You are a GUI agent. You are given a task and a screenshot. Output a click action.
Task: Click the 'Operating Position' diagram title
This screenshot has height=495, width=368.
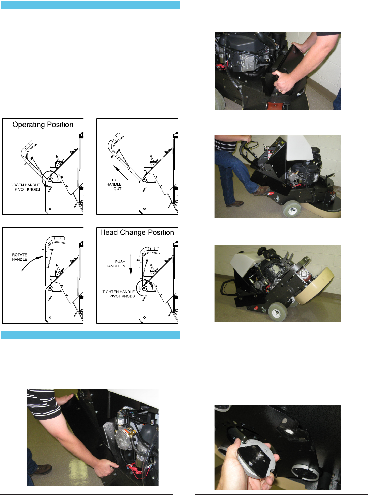[43, 125]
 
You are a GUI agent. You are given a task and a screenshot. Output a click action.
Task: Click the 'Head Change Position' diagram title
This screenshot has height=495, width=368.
[137, 232]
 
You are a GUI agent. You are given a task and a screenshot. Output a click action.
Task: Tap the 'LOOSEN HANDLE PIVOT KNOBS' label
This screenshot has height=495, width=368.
[24, 187]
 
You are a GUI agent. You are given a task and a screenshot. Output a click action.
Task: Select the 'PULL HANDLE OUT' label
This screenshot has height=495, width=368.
[114, 184]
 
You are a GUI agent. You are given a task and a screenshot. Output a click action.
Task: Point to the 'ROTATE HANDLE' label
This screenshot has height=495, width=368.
[19, 257]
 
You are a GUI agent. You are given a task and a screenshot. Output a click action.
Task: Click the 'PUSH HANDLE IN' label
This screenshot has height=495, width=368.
[116, 264]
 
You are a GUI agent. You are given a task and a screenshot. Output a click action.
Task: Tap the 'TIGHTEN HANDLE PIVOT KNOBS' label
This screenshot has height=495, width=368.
[119, 294]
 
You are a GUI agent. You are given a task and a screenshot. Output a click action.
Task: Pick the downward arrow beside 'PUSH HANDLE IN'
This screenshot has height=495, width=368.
[131, 265]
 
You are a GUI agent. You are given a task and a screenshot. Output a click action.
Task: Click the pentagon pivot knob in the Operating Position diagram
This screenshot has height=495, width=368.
[50, 179]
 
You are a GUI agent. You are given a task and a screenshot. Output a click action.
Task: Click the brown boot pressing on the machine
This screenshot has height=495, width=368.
[261, 191]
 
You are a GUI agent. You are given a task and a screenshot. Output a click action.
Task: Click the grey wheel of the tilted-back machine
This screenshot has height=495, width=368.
[277, 312]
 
